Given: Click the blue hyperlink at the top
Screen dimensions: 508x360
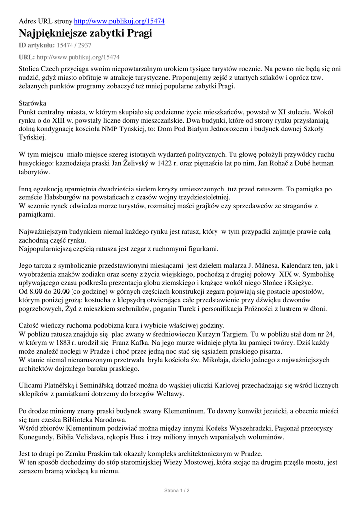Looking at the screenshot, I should click(120, 21).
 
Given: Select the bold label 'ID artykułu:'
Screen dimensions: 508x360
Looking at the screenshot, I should click(36, 45).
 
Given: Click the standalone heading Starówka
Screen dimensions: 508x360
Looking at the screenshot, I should click(32, 103).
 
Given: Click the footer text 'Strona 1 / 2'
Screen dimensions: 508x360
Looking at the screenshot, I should click(177, 491).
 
